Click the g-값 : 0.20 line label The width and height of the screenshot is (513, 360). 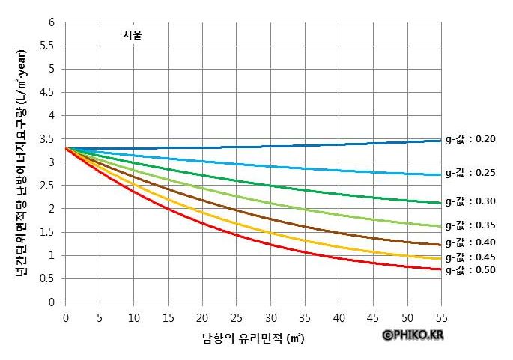[475, 139]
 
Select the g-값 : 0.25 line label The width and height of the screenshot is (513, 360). [475, 173]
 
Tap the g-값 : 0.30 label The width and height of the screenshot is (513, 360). [475, 201]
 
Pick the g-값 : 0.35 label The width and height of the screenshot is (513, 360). [475, 225]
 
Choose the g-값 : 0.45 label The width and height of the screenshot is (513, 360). [475, 257]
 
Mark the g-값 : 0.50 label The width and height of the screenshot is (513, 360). [475, 269]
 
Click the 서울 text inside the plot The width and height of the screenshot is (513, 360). [133, 34]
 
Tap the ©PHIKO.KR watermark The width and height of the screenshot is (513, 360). [413, 335]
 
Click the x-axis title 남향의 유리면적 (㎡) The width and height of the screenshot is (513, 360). [253, 338]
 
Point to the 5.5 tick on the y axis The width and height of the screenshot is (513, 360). [49, 46]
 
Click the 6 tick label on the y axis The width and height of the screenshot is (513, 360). [52, 22]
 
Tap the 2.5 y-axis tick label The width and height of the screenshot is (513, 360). [49, 186]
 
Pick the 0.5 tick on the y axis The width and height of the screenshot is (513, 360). [49, 279]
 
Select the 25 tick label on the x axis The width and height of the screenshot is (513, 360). [237, 317]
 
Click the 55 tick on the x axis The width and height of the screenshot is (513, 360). [442, 317]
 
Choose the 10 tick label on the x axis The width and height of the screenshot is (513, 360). [134, 317]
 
